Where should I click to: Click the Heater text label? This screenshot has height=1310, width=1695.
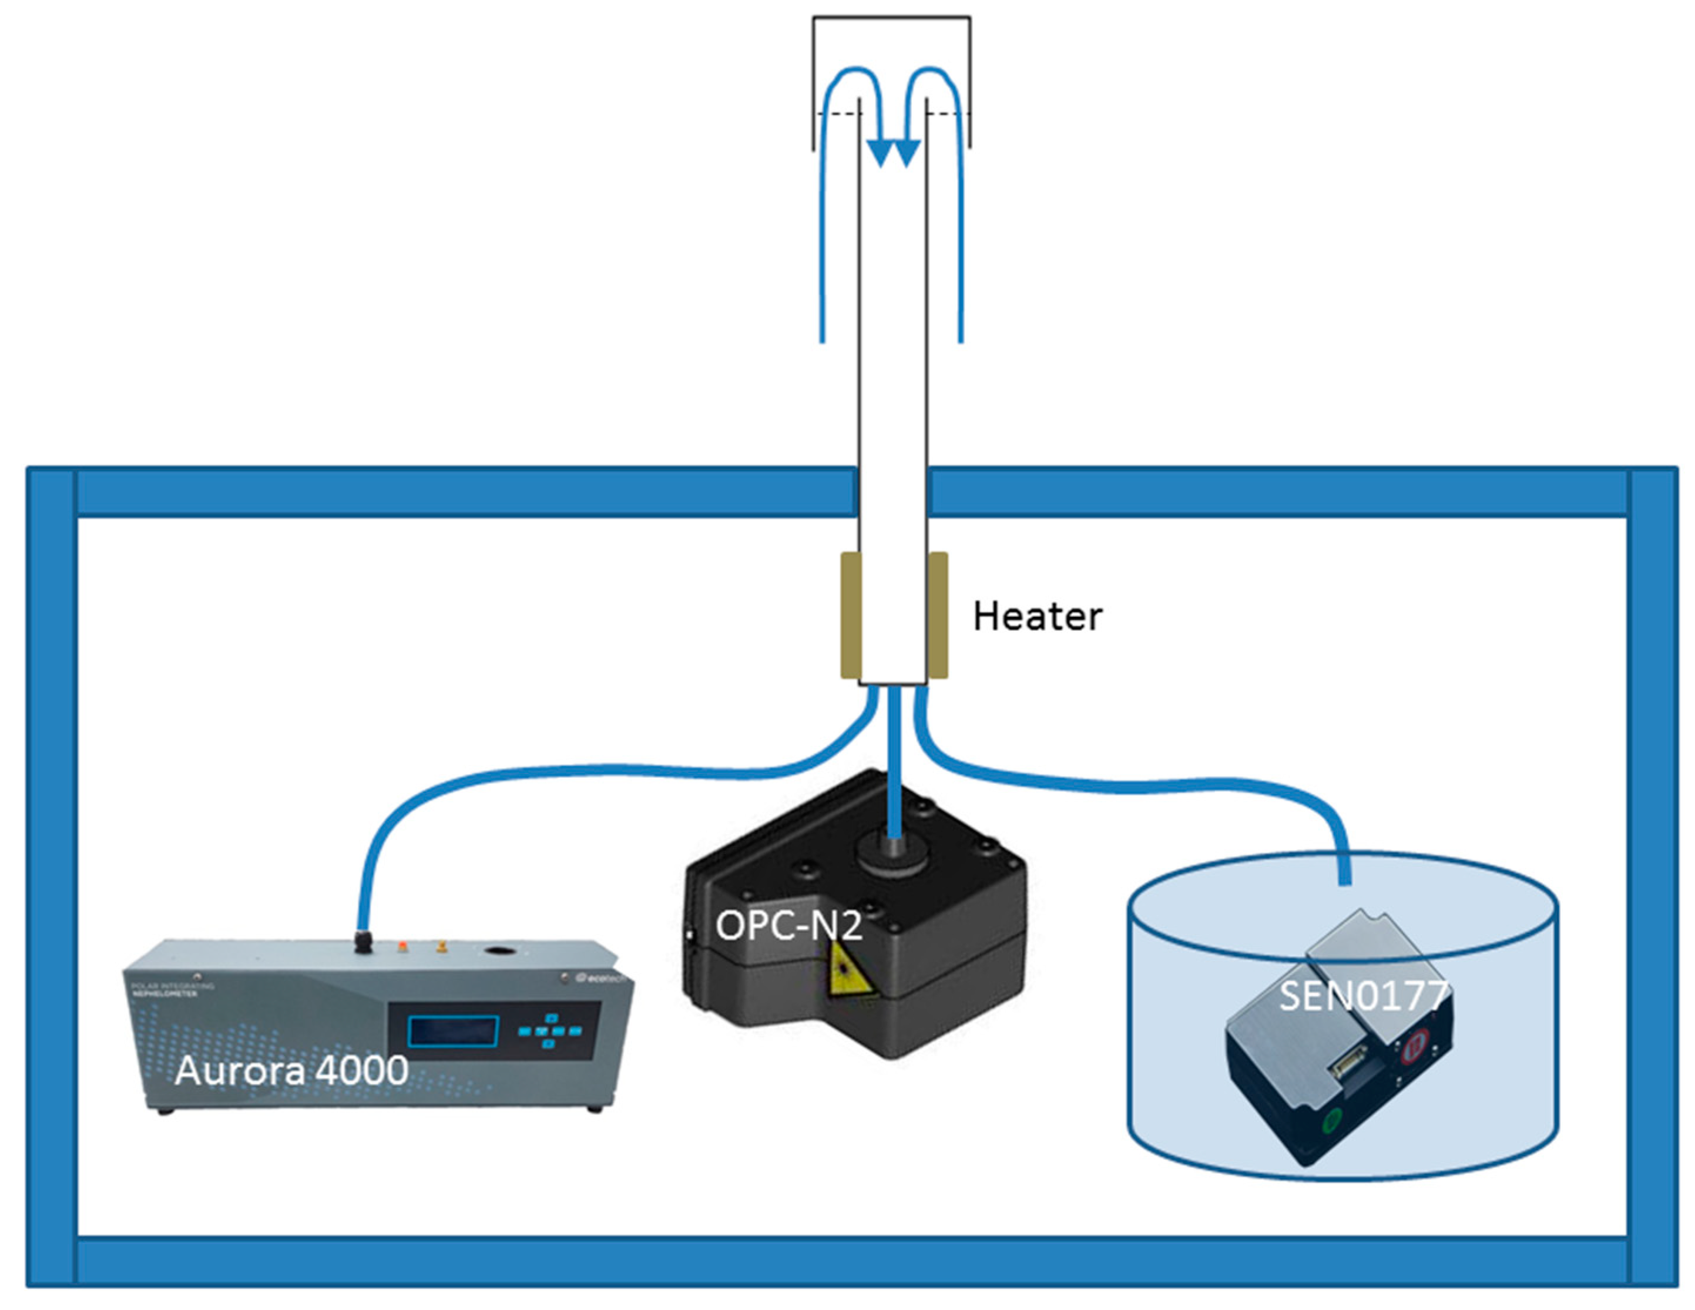[x=1037, y=617]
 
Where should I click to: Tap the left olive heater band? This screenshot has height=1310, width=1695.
[x=851, y=614]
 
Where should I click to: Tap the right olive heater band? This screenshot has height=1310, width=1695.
[x=938, y=614]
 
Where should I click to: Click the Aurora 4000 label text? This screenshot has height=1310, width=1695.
[x=291, y=1071]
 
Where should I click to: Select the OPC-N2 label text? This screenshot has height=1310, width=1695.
[x=788, y=925]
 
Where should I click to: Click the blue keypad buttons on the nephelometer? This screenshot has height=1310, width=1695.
[x=549, y=1030]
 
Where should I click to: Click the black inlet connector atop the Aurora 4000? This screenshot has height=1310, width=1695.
[x=362, y=942]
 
